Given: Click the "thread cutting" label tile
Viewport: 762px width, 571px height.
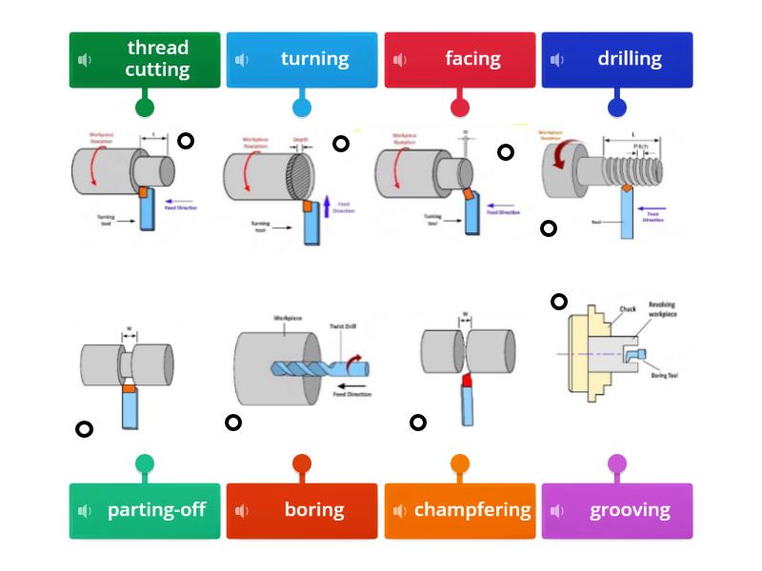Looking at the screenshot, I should pos(145,60).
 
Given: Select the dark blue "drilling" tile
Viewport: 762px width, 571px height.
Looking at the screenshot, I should pos(617,60).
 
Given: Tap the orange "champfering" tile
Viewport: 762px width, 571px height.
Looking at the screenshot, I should pos(460,511).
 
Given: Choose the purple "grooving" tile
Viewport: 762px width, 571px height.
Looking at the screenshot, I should pos(617,511).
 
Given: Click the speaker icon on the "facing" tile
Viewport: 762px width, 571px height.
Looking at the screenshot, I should pos(400,61).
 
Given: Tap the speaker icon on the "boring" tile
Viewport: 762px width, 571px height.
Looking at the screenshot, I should pos(242,511).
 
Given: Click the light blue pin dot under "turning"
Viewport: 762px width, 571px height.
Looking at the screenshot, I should pos(302,108).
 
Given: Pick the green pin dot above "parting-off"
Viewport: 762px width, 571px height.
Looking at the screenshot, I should pos(145,464).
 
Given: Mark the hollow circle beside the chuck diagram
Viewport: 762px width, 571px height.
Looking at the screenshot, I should pos(559,302).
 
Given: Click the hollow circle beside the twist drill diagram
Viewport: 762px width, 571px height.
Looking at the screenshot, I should pos(233,423).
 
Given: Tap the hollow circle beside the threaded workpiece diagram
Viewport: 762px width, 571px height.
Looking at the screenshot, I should pos(549,228).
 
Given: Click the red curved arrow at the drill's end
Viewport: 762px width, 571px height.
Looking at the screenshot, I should pos(355,363).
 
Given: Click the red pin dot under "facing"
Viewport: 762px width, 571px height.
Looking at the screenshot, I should pos(460,108).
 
